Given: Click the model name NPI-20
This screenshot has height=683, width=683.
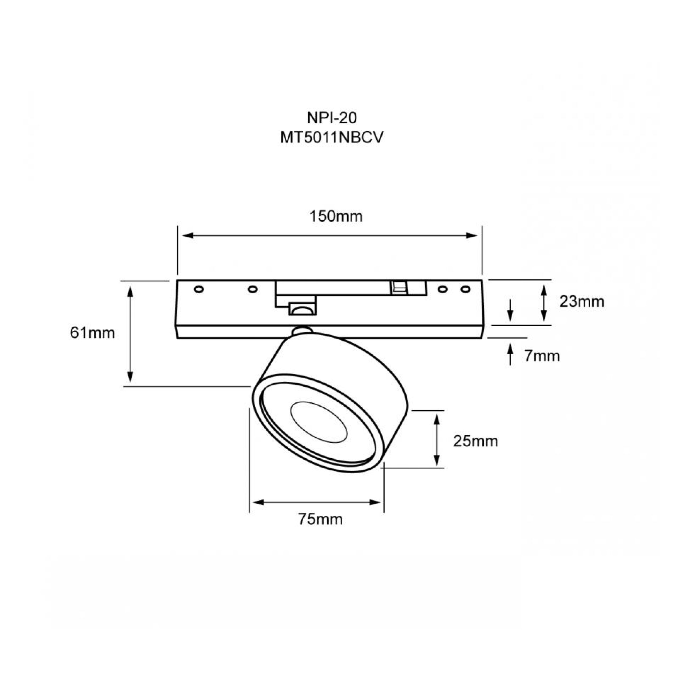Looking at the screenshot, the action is (332, 118).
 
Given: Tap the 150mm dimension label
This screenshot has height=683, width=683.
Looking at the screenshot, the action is (336, 216).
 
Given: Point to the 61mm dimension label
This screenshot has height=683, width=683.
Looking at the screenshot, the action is (92, 333).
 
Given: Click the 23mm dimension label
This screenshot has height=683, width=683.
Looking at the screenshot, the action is (582, 301).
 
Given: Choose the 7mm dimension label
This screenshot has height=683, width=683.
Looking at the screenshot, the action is (542, 356).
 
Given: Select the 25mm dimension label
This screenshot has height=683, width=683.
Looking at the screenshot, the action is (475, 441).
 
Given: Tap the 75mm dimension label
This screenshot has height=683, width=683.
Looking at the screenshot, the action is (320, 519).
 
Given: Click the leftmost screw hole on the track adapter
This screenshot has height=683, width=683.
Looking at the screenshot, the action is (199, 289).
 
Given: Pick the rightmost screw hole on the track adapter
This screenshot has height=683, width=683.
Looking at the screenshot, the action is (466, 289).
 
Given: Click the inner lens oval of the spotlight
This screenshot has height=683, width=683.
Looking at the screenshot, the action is (318, 422).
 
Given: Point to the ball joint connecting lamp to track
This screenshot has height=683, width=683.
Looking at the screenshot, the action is (302, 331).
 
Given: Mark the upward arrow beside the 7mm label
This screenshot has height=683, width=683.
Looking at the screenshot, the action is (510, 354).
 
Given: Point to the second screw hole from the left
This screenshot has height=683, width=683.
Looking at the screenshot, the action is (252, 289).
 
